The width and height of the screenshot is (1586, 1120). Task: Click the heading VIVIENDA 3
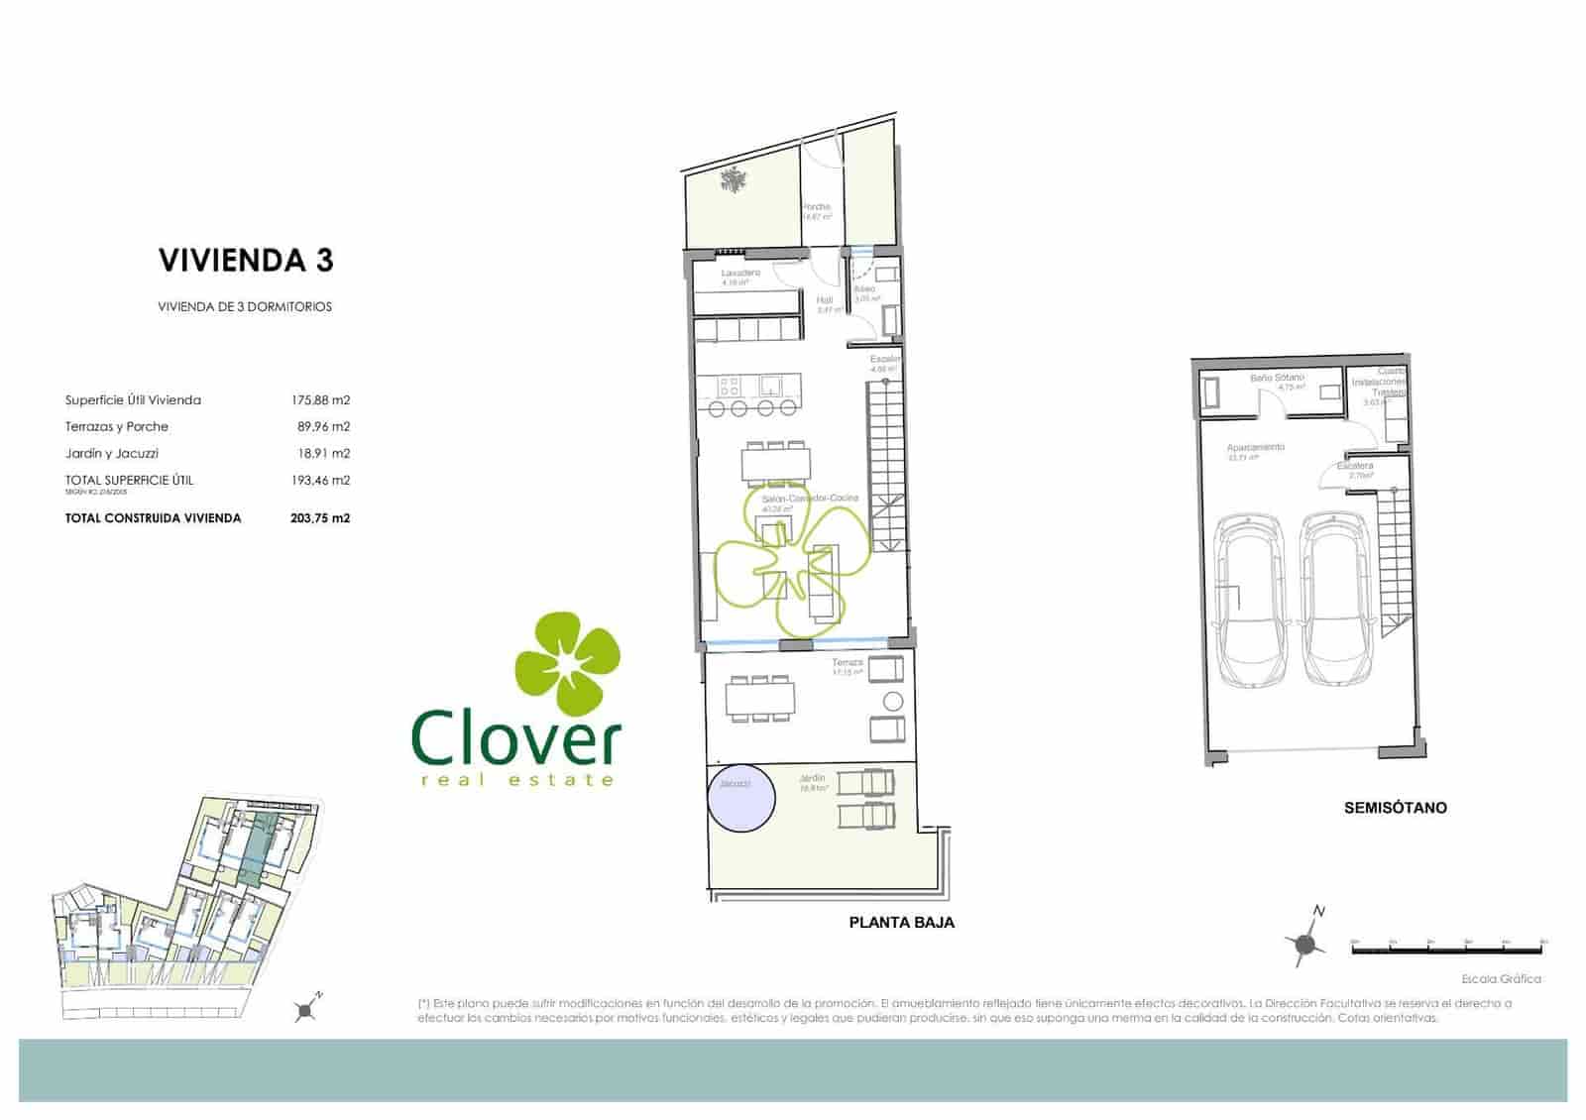pos(246,261)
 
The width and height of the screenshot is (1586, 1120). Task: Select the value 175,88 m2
pos(320,400)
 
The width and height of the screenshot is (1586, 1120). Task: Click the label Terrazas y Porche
pos(117,427)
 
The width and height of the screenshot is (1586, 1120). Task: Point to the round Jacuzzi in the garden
pos(741,798)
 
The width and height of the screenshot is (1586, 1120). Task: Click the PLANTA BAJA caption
pos(901,923)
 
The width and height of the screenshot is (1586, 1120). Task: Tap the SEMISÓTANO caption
pos(1395,808)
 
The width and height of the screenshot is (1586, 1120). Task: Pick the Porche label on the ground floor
pos(817,207)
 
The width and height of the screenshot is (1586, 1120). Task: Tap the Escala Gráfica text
pos(1501,979)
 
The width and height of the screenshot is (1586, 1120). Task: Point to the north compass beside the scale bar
pos(1306,943)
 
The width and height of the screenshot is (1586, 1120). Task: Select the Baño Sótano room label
pos(1277,378)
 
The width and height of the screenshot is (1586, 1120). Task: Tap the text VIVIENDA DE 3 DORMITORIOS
pos(245,307)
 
